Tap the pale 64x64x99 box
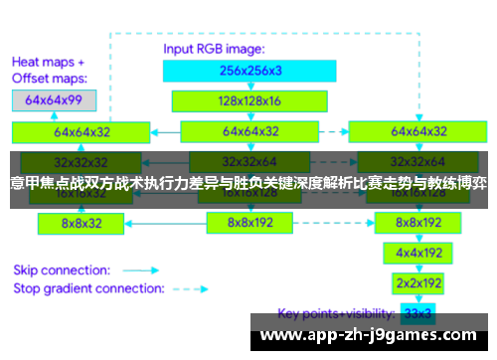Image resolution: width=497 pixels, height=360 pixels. pyautogui.click(x=54, y=99)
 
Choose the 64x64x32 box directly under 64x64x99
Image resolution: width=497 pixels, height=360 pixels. pyautogui.click(x=82, y=130)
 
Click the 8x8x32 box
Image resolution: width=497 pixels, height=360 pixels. pyautogui.click(x=82, y=224)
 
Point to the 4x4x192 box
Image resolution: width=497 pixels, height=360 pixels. pyautogui.click(x=417, y=254)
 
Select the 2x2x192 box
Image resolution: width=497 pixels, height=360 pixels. pyautogui.click(x=417, y=283)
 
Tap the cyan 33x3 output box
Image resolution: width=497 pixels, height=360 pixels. pyautogui.click(x=417, y=313)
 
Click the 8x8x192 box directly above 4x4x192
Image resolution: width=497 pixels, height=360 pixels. pyautogui.click(x=417, y=224)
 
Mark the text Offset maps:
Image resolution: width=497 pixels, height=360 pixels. pyautogui.click(x=49, y=77)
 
